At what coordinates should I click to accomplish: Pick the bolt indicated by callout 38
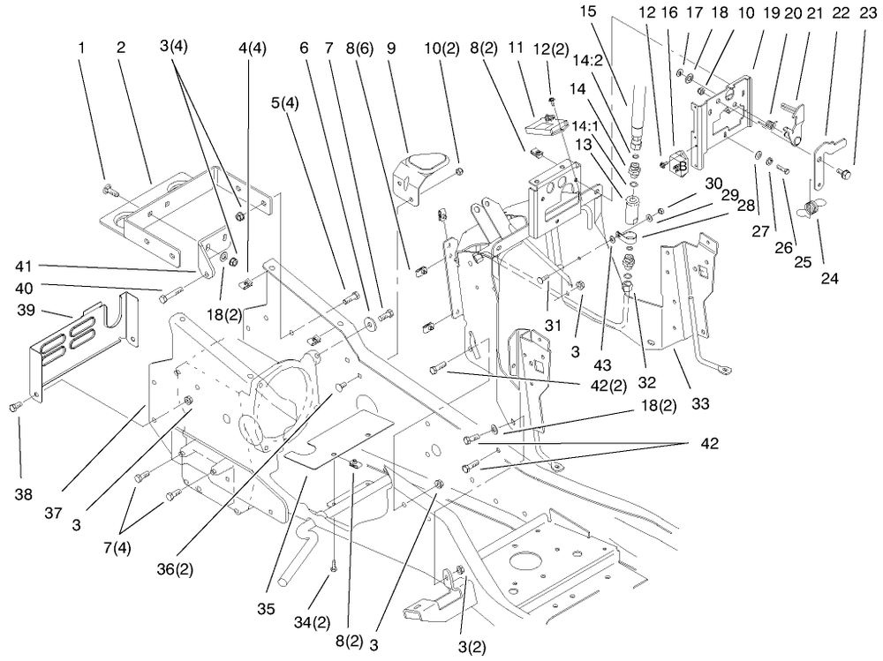(x=15, y=405)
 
